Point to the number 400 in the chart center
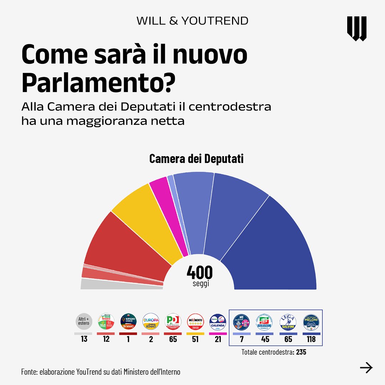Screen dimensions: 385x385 point(199,273)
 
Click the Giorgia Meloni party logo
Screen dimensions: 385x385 point(311,322)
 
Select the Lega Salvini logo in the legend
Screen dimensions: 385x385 point(288,322)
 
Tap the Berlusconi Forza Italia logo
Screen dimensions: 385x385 point(266,322)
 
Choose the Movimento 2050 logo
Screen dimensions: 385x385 point(195,322)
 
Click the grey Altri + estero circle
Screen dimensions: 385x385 point(84,322)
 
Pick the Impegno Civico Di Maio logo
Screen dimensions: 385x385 point(128,322)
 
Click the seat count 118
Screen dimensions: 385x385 point(311,339)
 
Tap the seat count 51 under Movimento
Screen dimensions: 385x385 point(195,339)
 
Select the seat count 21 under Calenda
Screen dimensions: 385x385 point(218,339)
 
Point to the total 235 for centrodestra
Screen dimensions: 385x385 point(301,352)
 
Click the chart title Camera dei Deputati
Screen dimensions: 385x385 point(196,159)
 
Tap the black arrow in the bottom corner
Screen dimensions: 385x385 point(366,368)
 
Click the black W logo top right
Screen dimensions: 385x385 point(356,29)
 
